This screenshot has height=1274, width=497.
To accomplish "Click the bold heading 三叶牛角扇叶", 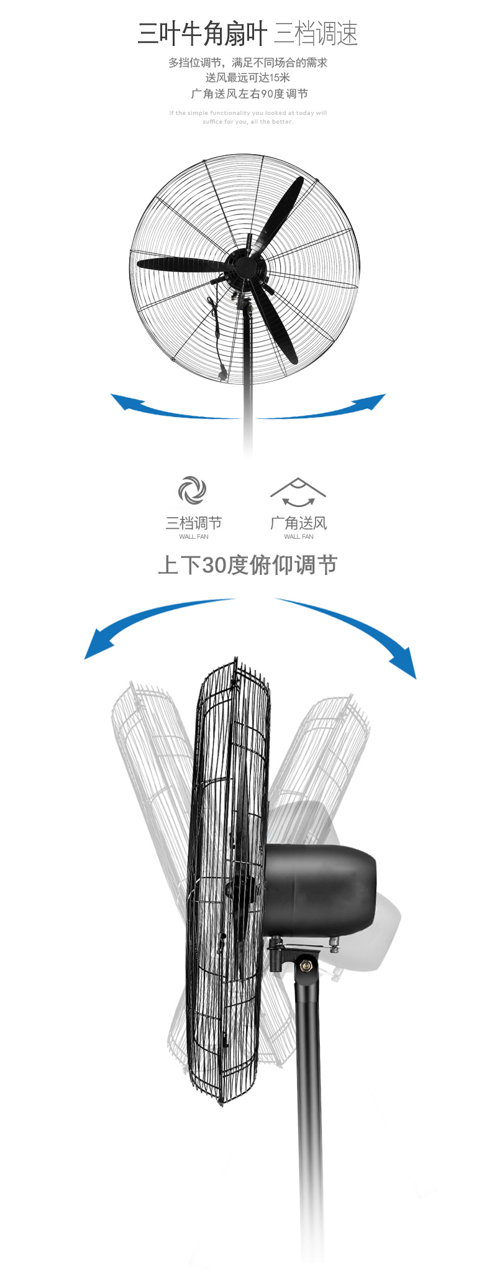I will [202, 34].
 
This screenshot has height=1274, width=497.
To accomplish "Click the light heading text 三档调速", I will [316, 34].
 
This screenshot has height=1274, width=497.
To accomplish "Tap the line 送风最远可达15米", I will [248, 78].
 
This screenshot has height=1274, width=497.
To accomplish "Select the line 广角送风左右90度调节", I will [249, 94].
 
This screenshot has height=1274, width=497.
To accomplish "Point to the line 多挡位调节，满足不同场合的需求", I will [248, 62].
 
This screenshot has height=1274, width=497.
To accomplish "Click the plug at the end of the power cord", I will [221, 375].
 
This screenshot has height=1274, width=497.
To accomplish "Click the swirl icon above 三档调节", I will [192, 490].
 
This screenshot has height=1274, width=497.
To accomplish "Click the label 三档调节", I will [193, 523].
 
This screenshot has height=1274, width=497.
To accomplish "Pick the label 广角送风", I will [298, 523].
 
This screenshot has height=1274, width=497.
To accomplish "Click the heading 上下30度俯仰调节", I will [248, 565].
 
